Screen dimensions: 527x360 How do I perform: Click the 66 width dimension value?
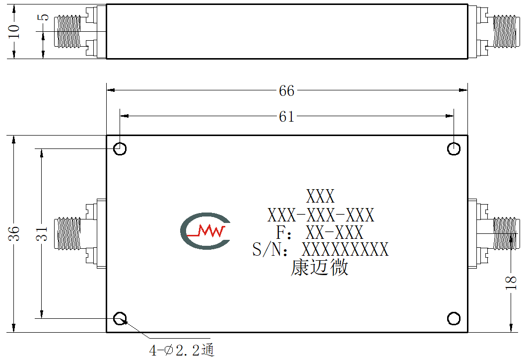286,91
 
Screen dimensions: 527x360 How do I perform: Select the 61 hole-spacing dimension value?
286,117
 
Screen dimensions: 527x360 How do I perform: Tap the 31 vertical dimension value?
42,233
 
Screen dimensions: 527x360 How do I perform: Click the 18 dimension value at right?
511,283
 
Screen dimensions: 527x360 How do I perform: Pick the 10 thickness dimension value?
14,31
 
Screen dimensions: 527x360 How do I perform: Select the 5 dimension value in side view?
43,17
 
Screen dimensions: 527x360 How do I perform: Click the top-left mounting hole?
120,148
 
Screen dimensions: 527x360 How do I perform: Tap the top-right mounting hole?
454,148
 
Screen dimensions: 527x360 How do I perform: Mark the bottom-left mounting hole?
120,318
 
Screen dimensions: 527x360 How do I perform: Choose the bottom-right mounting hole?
454,318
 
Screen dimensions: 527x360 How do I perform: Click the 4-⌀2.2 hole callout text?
182,350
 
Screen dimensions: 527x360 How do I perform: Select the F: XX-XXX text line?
320,232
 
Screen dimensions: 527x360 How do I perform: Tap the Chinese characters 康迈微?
319,268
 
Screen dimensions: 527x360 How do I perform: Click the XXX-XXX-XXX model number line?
321,215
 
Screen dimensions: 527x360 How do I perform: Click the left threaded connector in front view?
67,233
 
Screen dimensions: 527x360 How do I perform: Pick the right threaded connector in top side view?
505,31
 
